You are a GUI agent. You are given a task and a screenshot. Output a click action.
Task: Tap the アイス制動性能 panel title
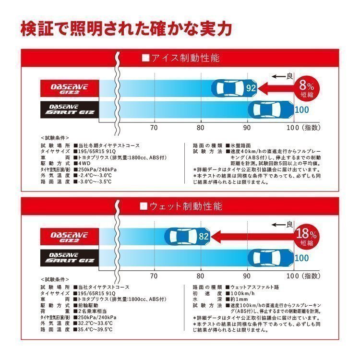click(180, 59)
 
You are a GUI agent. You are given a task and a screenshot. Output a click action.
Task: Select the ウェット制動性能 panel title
click(180, 207)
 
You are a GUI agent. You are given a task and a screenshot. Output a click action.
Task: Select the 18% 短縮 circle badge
click(306, 237)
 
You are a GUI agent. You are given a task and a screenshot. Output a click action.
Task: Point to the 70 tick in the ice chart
click(154, 128)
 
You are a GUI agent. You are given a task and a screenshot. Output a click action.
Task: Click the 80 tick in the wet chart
click(201, 276)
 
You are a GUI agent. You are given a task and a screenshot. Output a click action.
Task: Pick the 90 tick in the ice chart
click(247, 128)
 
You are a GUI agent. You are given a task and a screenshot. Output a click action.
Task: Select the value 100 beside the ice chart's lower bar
click(302, 110)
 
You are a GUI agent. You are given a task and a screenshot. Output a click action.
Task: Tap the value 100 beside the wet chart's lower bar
click(302, 258)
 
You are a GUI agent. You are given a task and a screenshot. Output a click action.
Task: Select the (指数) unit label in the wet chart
click(312, 276)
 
